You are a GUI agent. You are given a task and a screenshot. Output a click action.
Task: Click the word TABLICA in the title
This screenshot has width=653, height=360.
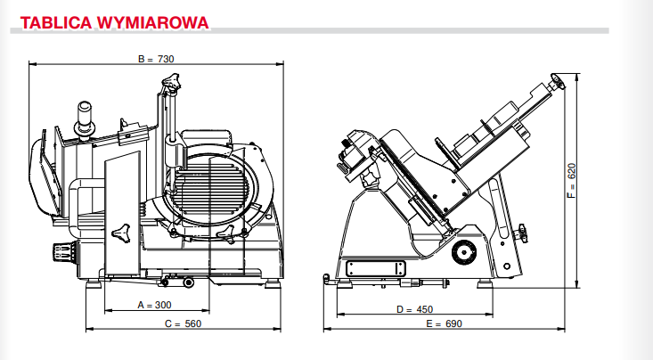(x=56, y=22)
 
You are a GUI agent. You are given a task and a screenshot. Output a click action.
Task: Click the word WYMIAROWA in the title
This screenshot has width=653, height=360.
(x=153, y=22)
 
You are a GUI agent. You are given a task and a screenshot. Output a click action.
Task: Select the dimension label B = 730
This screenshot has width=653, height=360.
(x=156, y=59)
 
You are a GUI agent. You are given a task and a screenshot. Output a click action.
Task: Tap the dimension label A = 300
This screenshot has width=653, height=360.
(x=154, y=305)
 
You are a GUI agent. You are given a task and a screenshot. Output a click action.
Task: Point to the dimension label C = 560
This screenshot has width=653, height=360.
(x=183, y=323)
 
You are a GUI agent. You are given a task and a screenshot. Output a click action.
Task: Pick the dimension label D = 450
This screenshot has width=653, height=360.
(x=414, y=309)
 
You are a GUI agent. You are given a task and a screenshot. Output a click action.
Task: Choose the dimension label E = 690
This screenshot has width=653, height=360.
(x=444, y=323)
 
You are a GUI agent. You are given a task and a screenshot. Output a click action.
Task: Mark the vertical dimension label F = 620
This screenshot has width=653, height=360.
(x=572, y=180)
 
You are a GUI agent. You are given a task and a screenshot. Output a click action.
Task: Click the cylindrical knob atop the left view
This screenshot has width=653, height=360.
(x=84, y=118)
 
